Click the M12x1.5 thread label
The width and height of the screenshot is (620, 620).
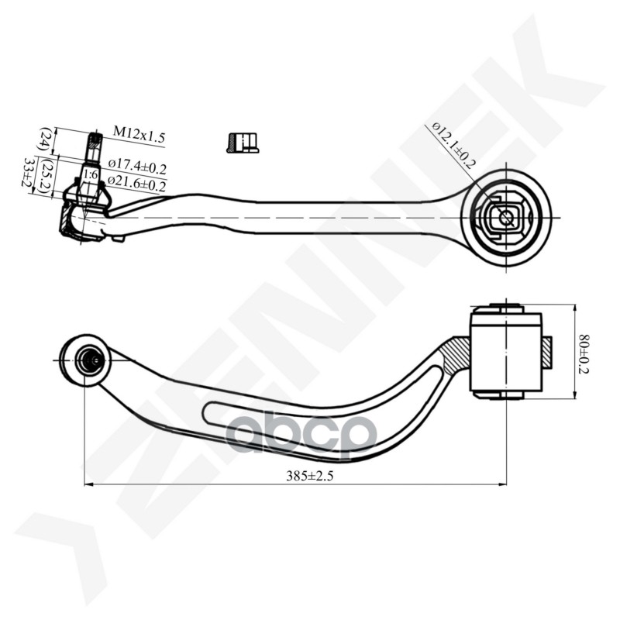click(x=139, y=134)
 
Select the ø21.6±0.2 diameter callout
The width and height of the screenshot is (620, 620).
click(x=137, y=184)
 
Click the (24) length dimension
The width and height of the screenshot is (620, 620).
click(x=48, y=140)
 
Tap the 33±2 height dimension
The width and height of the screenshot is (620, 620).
click(x=29, y=175)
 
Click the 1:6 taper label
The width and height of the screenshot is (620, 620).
click(x=90, y=175)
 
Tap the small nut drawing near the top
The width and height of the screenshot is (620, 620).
click(x=243, y=143)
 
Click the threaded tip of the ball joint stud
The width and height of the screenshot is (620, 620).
click(x=94, y=142)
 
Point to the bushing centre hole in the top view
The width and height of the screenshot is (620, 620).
click(x=505, y=219)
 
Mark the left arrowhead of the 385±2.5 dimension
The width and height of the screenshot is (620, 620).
click(x=88, y=485)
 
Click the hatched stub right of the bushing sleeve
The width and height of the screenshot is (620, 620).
click(x=546, y=352)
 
